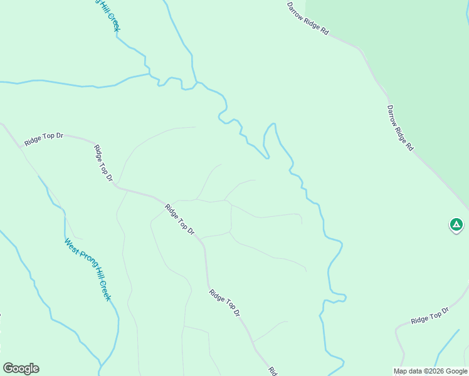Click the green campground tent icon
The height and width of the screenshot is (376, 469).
456,224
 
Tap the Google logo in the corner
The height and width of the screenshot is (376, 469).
21,368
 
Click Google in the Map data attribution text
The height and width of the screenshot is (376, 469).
456,371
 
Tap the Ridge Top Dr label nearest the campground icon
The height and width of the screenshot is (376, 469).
430,316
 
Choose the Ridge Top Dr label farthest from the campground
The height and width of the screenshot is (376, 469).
44,137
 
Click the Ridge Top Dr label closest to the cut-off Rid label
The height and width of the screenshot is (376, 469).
224,302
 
